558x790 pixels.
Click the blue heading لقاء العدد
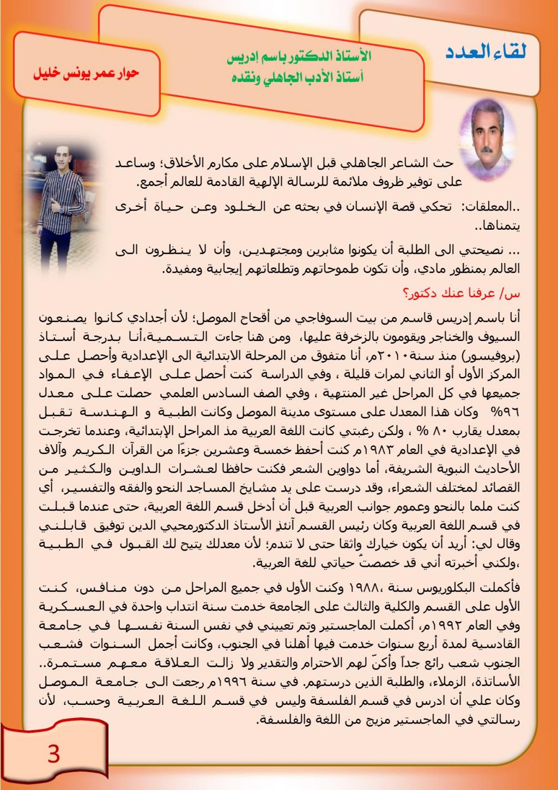[486, 53]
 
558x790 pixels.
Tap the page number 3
[53, 754]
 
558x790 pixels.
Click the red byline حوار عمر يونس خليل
[87, 73]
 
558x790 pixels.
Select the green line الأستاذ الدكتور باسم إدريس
[299, 57]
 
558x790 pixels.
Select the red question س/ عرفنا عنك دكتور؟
[462, 294]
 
